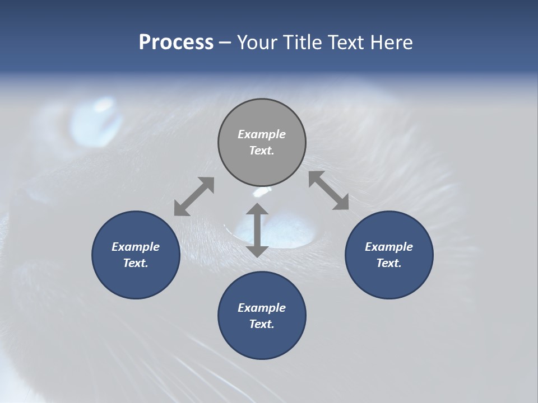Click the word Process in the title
[x=176, y=43]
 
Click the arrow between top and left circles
[x=194, y=196]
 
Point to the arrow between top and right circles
[x=328, y=190]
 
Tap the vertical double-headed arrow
[x=257, y=230]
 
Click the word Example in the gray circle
[x=262, y=134]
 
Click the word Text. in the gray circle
[x=262, y=151]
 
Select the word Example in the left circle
[x=136, y=247]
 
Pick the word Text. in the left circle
[x=136, y=263]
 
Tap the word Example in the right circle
[x=389, y=247]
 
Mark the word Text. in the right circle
[x=389, y=263]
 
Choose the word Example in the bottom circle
[x=262, y=308]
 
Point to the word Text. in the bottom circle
[x=262, y=324]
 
